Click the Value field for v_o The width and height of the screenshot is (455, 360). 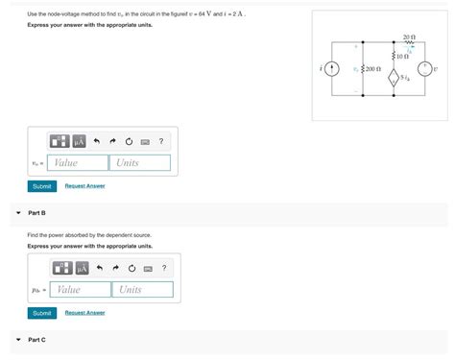coord(78,163)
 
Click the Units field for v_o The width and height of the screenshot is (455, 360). coord(139,163)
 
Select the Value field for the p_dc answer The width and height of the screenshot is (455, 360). coord(81,289)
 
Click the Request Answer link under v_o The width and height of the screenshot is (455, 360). coord(84,185)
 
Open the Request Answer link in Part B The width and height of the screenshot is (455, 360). coord(84,313)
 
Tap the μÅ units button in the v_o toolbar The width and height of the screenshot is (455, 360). coord(80,141)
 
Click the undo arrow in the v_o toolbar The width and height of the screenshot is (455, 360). coord(98,141)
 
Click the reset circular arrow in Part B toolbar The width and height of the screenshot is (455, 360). coord(131,268)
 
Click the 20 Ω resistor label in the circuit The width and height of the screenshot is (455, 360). coord(410,36)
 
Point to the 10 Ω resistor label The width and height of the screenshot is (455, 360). coord(403,57)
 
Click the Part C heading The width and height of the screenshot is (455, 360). coord(37,340)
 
